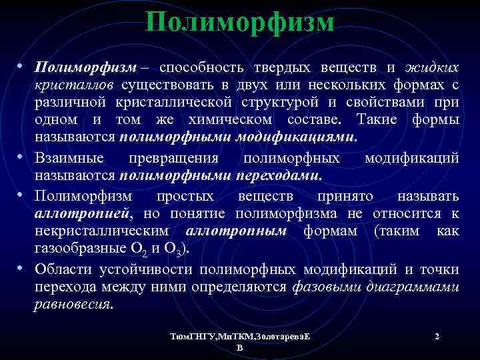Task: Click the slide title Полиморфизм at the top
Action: coord(240,23)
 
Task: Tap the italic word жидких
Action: coord(433,68)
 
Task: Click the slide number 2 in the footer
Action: coord(436,337)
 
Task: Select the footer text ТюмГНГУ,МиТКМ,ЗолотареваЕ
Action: coord(240,337)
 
